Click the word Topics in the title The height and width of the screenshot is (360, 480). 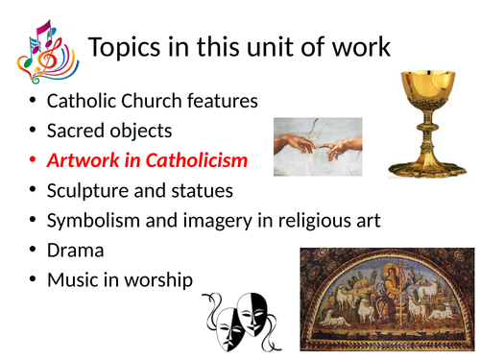click(126, 48)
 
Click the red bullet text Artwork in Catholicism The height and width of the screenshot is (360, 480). click(147, 159)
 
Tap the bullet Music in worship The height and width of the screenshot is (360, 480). click(120, 279)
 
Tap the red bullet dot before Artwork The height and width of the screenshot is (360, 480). click(33, 159)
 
